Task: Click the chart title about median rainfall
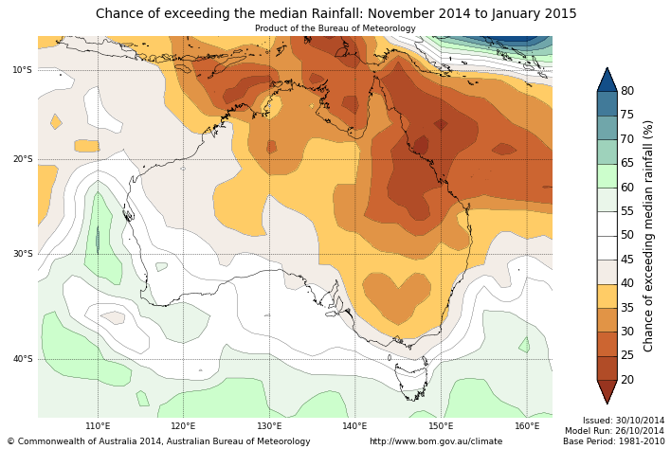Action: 335,13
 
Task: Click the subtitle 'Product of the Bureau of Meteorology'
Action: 335,28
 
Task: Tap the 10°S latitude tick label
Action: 22,70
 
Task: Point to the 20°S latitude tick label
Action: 22,159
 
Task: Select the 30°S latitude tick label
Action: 22,254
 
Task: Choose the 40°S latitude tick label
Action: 22,359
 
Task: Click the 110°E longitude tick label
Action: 98,426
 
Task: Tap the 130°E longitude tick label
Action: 269,426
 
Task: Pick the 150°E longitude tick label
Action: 441,426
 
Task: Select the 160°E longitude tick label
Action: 527,426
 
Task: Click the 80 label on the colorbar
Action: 627,91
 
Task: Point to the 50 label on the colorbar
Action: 627,235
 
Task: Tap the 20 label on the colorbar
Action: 627,380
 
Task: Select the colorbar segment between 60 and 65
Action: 608,175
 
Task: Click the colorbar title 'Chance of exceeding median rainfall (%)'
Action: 649,235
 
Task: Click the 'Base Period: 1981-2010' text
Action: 613,441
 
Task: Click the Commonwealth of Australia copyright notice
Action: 158,441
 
